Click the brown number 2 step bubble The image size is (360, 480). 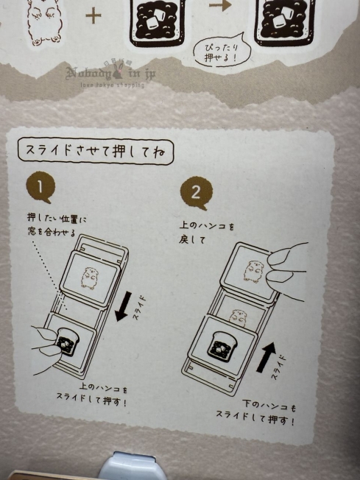(195, 193)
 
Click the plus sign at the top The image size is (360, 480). (93, 15)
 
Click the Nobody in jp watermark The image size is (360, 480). (110, 74)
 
